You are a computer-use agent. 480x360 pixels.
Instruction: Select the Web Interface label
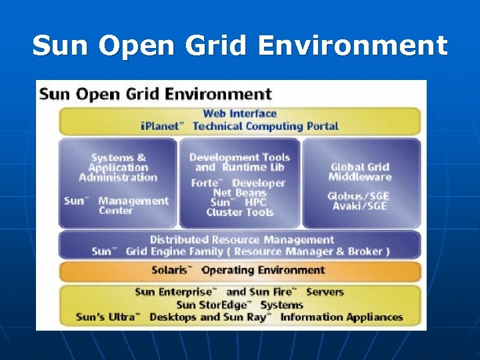point(239,114)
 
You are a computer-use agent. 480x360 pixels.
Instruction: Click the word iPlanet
point(164,126)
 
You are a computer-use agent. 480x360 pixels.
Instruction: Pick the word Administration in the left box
point(118,177)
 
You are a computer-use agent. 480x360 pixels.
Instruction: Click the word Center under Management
point(116,211)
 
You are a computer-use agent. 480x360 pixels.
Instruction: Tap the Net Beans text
point(239,193)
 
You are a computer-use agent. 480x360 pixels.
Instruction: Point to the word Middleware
point(360,177)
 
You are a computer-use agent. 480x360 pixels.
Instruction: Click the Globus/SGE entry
point(359,196)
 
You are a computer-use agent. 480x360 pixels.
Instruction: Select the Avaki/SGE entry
point(359,206)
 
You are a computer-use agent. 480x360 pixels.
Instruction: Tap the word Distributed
point(179,239)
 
